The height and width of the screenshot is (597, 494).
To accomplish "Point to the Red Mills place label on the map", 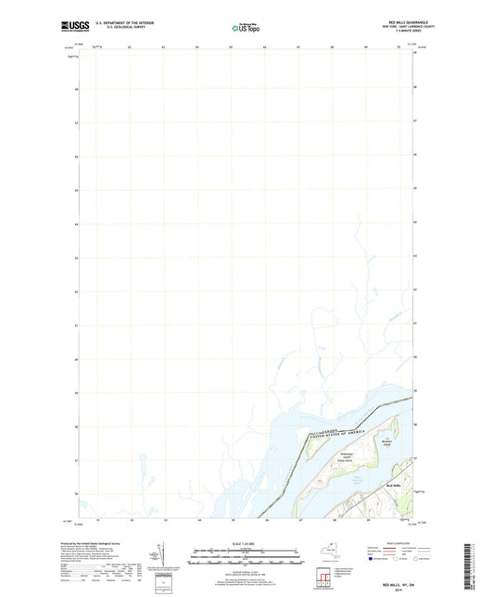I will tap(393, 485).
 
